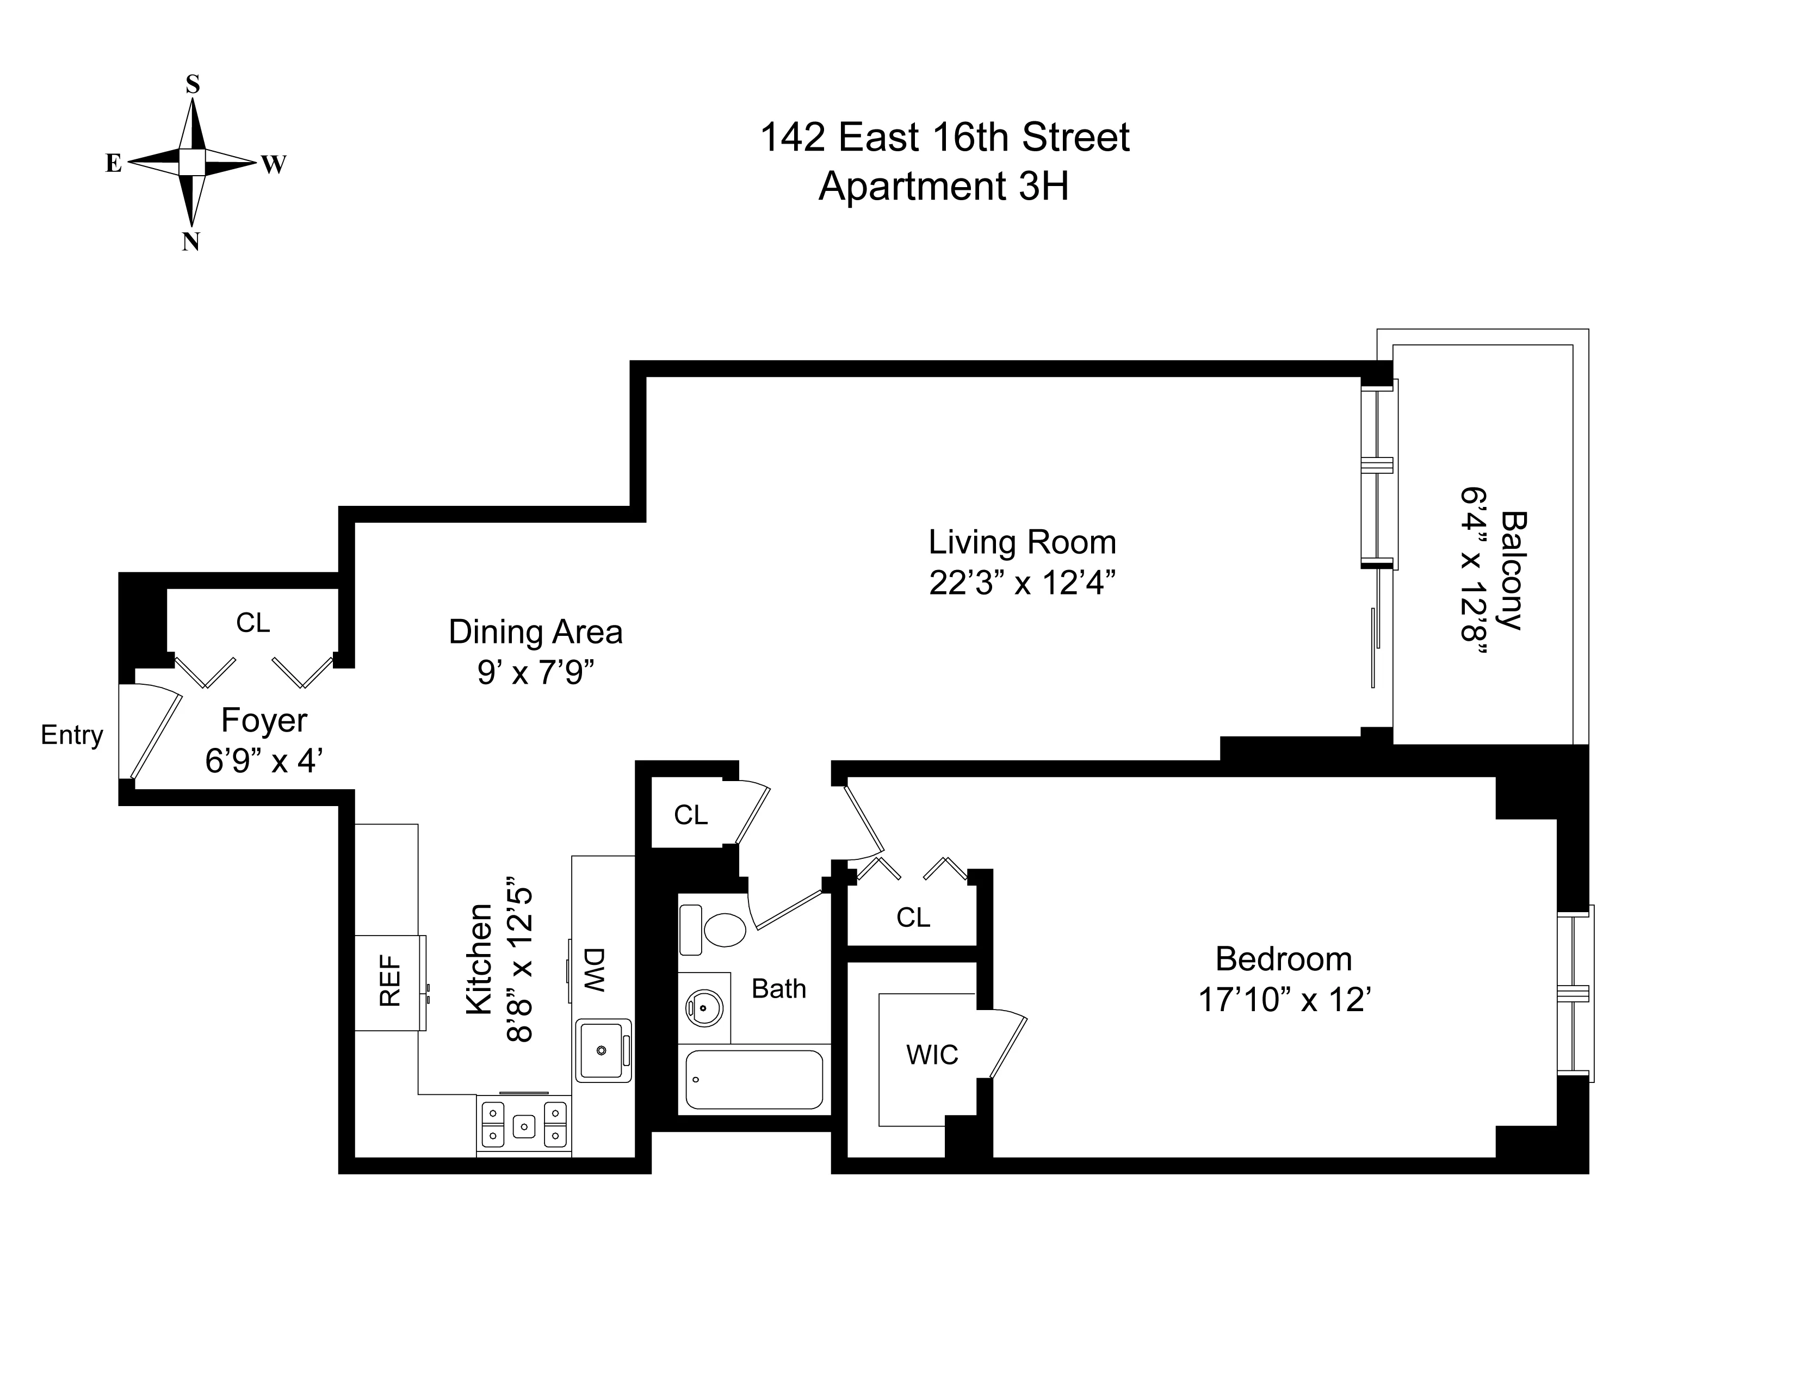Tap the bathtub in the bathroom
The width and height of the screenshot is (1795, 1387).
tap(754, 1079)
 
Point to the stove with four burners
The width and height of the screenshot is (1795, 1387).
tap(523, 1125)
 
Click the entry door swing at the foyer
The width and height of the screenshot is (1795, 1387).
tap(152, 734)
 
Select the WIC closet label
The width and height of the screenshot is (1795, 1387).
tap(932, 1054)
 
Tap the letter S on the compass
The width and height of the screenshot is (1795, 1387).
tap(193, 84)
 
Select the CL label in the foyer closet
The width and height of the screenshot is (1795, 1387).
tap(252, 623)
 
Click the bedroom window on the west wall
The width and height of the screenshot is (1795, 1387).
tap(1576, 993)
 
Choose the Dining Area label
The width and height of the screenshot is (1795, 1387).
tap(535, 632)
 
